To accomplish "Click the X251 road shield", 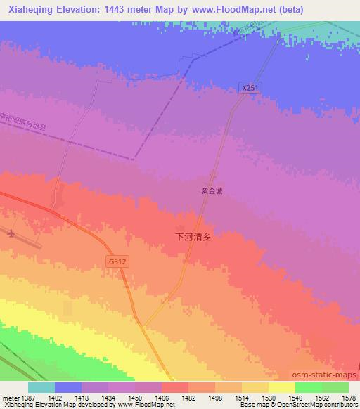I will pos(250,88).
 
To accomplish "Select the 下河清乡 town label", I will pos(193,238).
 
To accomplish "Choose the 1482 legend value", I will pos(188,397).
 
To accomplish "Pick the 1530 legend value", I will pos(268,397).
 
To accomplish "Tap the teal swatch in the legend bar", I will pos(41,387).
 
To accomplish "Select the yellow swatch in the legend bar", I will pos(281,387).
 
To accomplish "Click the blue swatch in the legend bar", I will pos(67,387).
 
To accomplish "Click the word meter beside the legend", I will pos(9,397).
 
